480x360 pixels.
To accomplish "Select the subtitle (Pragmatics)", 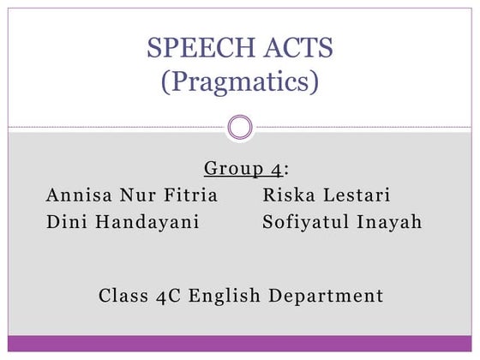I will coord(240,82).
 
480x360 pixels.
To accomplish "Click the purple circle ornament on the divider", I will coord(240,129).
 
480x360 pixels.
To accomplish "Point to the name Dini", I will coord(66,223).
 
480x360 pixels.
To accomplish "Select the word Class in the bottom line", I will coord(124,297).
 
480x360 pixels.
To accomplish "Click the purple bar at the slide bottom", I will coord(240,343).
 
